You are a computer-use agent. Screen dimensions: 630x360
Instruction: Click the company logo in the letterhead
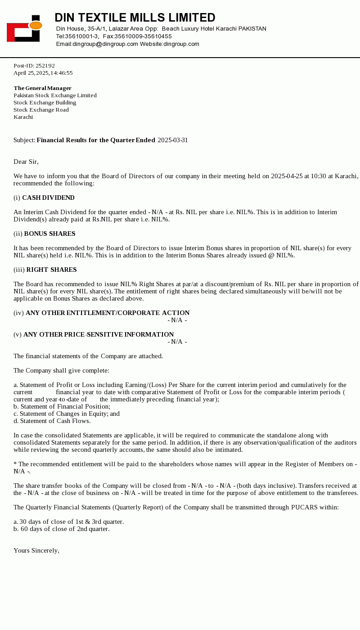tap(24, 28)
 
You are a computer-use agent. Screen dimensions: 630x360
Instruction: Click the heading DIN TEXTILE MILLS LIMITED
tap(135, 18)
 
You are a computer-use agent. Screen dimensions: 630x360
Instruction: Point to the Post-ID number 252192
tap(45, 66)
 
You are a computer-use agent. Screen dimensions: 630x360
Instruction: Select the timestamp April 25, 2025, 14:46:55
tap(43, 73)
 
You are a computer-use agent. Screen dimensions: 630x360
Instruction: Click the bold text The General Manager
tap(42, 88)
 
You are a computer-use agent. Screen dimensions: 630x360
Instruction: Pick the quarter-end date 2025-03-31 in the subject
tap(173, 140)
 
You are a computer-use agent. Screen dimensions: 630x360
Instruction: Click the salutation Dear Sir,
tap(26, 162)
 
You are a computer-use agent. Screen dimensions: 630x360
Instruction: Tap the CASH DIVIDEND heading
tap(48, 198)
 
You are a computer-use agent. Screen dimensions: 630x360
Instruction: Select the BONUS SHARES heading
tap(49, 234)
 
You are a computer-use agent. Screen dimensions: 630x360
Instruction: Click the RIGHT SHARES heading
tap(51, 270)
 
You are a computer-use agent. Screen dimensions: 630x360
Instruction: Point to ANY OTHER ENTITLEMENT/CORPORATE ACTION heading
tap(108, 313)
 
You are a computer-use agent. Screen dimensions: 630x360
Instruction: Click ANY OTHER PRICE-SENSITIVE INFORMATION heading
tap(99, 335)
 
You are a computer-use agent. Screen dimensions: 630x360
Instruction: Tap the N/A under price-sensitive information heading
tap(177, 342)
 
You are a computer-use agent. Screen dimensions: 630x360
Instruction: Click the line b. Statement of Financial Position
tap(62, 407)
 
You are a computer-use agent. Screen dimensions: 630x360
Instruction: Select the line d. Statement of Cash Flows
tap(52, 421)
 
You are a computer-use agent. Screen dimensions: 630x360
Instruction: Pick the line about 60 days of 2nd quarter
tap(61, 529)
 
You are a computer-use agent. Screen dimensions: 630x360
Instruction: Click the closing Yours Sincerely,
tap(36, 551)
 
